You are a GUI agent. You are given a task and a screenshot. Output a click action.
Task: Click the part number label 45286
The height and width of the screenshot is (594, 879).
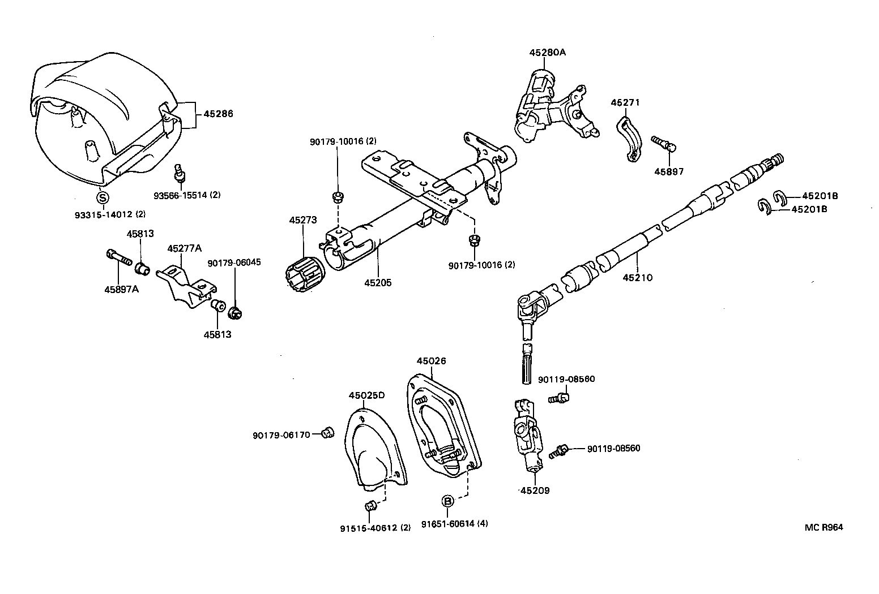coord(218,114)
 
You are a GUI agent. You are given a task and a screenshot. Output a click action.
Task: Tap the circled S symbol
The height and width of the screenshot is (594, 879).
coord(103,197)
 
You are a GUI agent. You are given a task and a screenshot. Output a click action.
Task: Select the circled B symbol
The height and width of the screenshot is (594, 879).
coord(447,501)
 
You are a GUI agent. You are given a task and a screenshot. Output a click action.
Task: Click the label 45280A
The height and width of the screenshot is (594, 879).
coord(547,53)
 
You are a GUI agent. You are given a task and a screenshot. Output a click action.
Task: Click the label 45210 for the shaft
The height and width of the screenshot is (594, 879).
coord(638,278)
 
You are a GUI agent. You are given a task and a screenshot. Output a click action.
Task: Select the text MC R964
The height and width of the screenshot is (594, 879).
coord(824,527)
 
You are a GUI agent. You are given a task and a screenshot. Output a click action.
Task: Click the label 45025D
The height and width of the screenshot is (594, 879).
coord(366,395)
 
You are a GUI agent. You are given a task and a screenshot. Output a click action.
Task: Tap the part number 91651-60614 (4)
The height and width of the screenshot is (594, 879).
coord(454,524)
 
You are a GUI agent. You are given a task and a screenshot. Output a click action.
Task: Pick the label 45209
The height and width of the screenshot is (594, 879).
coord(535,490)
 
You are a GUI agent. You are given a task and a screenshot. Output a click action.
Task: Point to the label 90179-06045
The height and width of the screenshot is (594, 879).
coord(234,262)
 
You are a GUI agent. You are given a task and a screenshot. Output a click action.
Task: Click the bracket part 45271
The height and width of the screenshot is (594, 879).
coord(628,139)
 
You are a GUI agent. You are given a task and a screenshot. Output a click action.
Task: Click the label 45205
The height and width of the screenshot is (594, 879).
coord(378,283)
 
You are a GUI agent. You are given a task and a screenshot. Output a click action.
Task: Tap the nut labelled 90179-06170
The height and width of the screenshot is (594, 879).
coord(326,434)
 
